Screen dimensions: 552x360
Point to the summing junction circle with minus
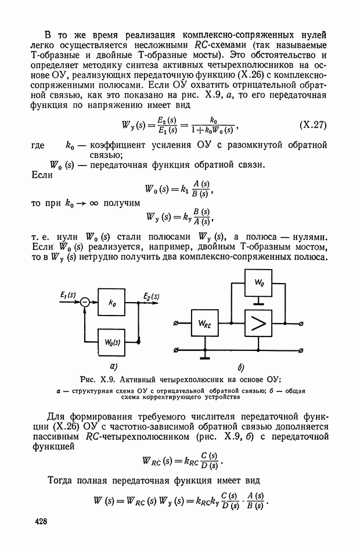pyautogui.click(x=85, y=302)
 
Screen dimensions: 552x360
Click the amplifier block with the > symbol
pyautogui.click(x=258, y=323)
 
